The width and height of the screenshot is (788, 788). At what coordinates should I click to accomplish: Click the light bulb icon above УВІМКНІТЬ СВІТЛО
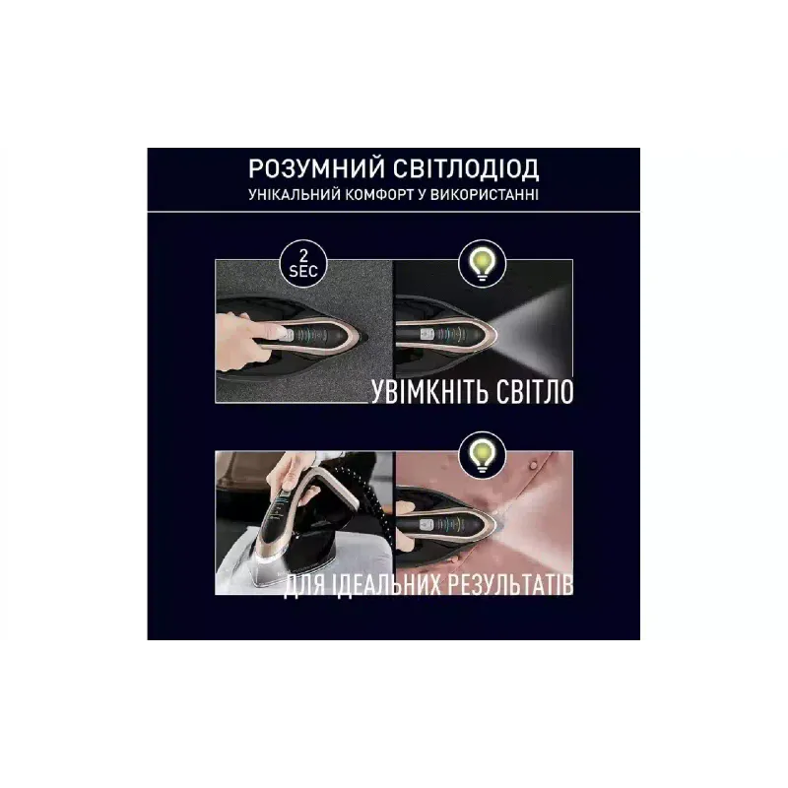[x=482, y=260]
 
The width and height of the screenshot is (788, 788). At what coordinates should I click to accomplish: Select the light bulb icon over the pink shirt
[x=482, y=452]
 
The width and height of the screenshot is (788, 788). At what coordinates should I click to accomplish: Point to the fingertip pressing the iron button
[x=283, y=331]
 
